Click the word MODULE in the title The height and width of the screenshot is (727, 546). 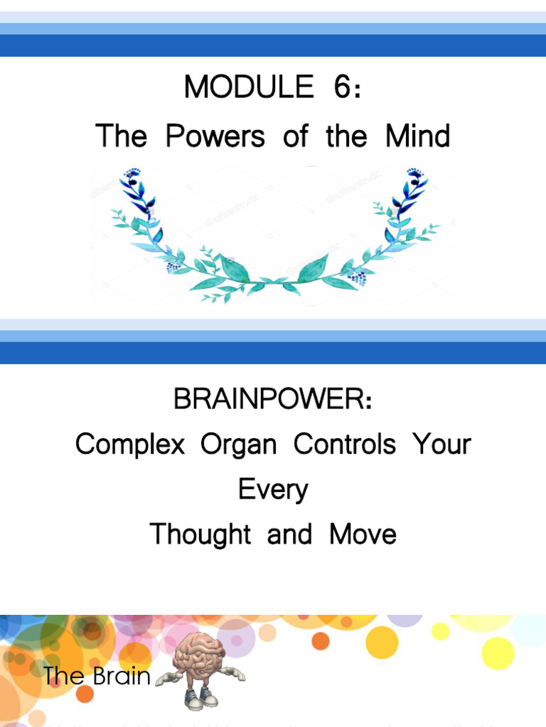[x=248, y=87]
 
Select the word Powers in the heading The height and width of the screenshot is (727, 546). [x=215, y=136]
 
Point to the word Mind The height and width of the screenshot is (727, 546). [x=418, y=136]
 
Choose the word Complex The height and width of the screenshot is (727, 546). [x=129, y=445]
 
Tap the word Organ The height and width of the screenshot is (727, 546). [x=238, y=445]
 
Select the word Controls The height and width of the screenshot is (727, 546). [x=345, y=445]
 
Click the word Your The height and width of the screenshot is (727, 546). [x=441, y=445]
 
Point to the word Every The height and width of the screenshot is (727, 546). [x=273, y=490]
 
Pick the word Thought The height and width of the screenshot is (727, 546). [x=200, y=534]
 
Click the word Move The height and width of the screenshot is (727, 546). [x=363, y=534]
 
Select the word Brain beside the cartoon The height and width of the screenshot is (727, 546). [x=121, y=676]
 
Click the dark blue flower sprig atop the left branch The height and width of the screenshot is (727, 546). [x=134, y=177]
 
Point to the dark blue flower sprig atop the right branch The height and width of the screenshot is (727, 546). [x=414, y=177]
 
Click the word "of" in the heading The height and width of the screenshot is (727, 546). [x=295, y=136]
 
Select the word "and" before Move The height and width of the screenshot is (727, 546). [x=290, y=534]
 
